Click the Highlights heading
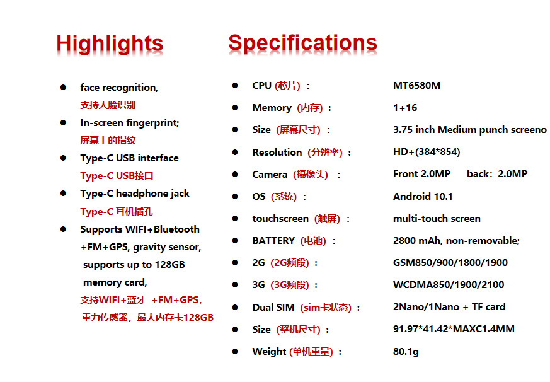point(110,45)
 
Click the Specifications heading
point(302,44)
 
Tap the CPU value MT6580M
point(416,86)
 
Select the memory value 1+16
point(405,108)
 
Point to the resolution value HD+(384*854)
point(427,152)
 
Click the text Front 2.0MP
point(421,174)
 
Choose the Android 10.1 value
point(423,196)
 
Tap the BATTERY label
point(273,241)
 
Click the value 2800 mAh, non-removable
point(456,241)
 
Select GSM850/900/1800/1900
point(450,263)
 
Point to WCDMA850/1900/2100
point(449,285)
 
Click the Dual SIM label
point(273,308)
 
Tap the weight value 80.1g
point(406,352)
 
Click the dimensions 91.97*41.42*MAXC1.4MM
point(454,329)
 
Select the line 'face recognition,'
point(119,88)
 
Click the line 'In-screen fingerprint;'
point(129,123)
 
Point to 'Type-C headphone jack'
point(135,194)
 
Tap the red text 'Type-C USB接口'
point(117,175)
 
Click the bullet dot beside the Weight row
point(235,352)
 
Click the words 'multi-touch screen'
point(437,219)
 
